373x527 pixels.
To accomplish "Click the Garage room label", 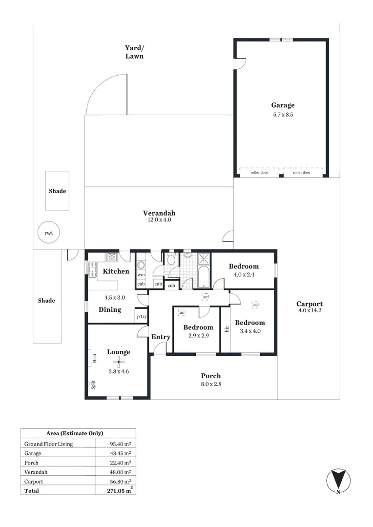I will [x=283, y=105].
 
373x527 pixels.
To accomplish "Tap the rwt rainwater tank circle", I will [x=48, y=233].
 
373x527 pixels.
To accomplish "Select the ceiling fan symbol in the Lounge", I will [x=118, y=362].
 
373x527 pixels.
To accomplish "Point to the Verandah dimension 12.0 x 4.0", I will [x=159, y=220].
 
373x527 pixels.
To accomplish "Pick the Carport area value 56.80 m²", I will [x=121, y=481].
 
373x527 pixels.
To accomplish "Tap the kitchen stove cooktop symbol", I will [x=112, y=257].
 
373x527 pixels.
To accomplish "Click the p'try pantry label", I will [x=141, y=317].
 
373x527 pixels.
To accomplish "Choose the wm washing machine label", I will [x=141, y=275].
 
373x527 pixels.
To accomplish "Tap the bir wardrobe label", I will [x=226, y=329].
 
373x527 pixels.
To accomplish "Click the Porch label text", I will [x=211, y=376].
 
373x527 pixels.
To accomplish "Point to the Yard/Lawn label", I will [x=134, y=52].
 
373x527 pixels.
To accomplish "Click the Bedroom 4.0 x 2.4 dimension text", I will [x=244, y=274].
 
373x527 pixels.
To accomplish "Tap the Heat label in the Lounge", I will [x=95, y=358].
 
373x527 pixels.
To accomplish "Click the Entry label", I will [x=161, y=337].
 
